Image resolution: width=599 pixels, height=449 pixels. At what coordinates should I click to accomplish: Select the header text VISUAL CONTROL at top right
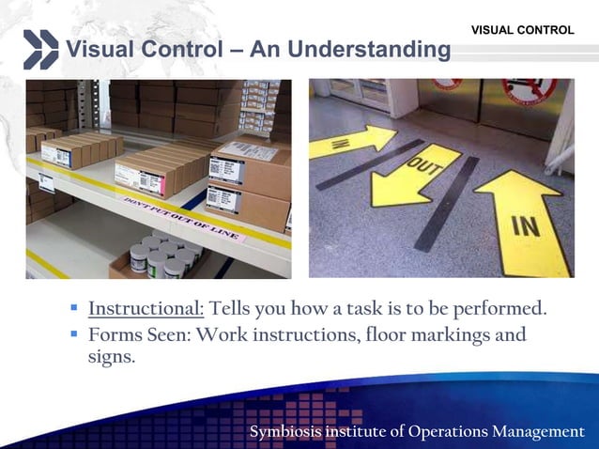[x=522, y=31]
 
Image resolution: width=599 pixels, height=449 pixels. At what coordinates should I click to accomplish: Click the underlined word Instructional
[x=146, y=308]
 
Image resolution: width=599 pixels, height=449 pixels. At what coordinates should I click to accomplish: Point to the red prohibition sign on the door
[x=523, y=90]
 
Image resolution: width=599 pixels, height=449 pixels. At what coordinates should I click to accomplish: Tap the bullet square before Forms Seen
[x=74, y=334]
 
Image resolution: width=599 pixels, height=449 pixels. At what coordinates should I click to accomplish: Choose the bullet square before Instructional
[x=74, y=309]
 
